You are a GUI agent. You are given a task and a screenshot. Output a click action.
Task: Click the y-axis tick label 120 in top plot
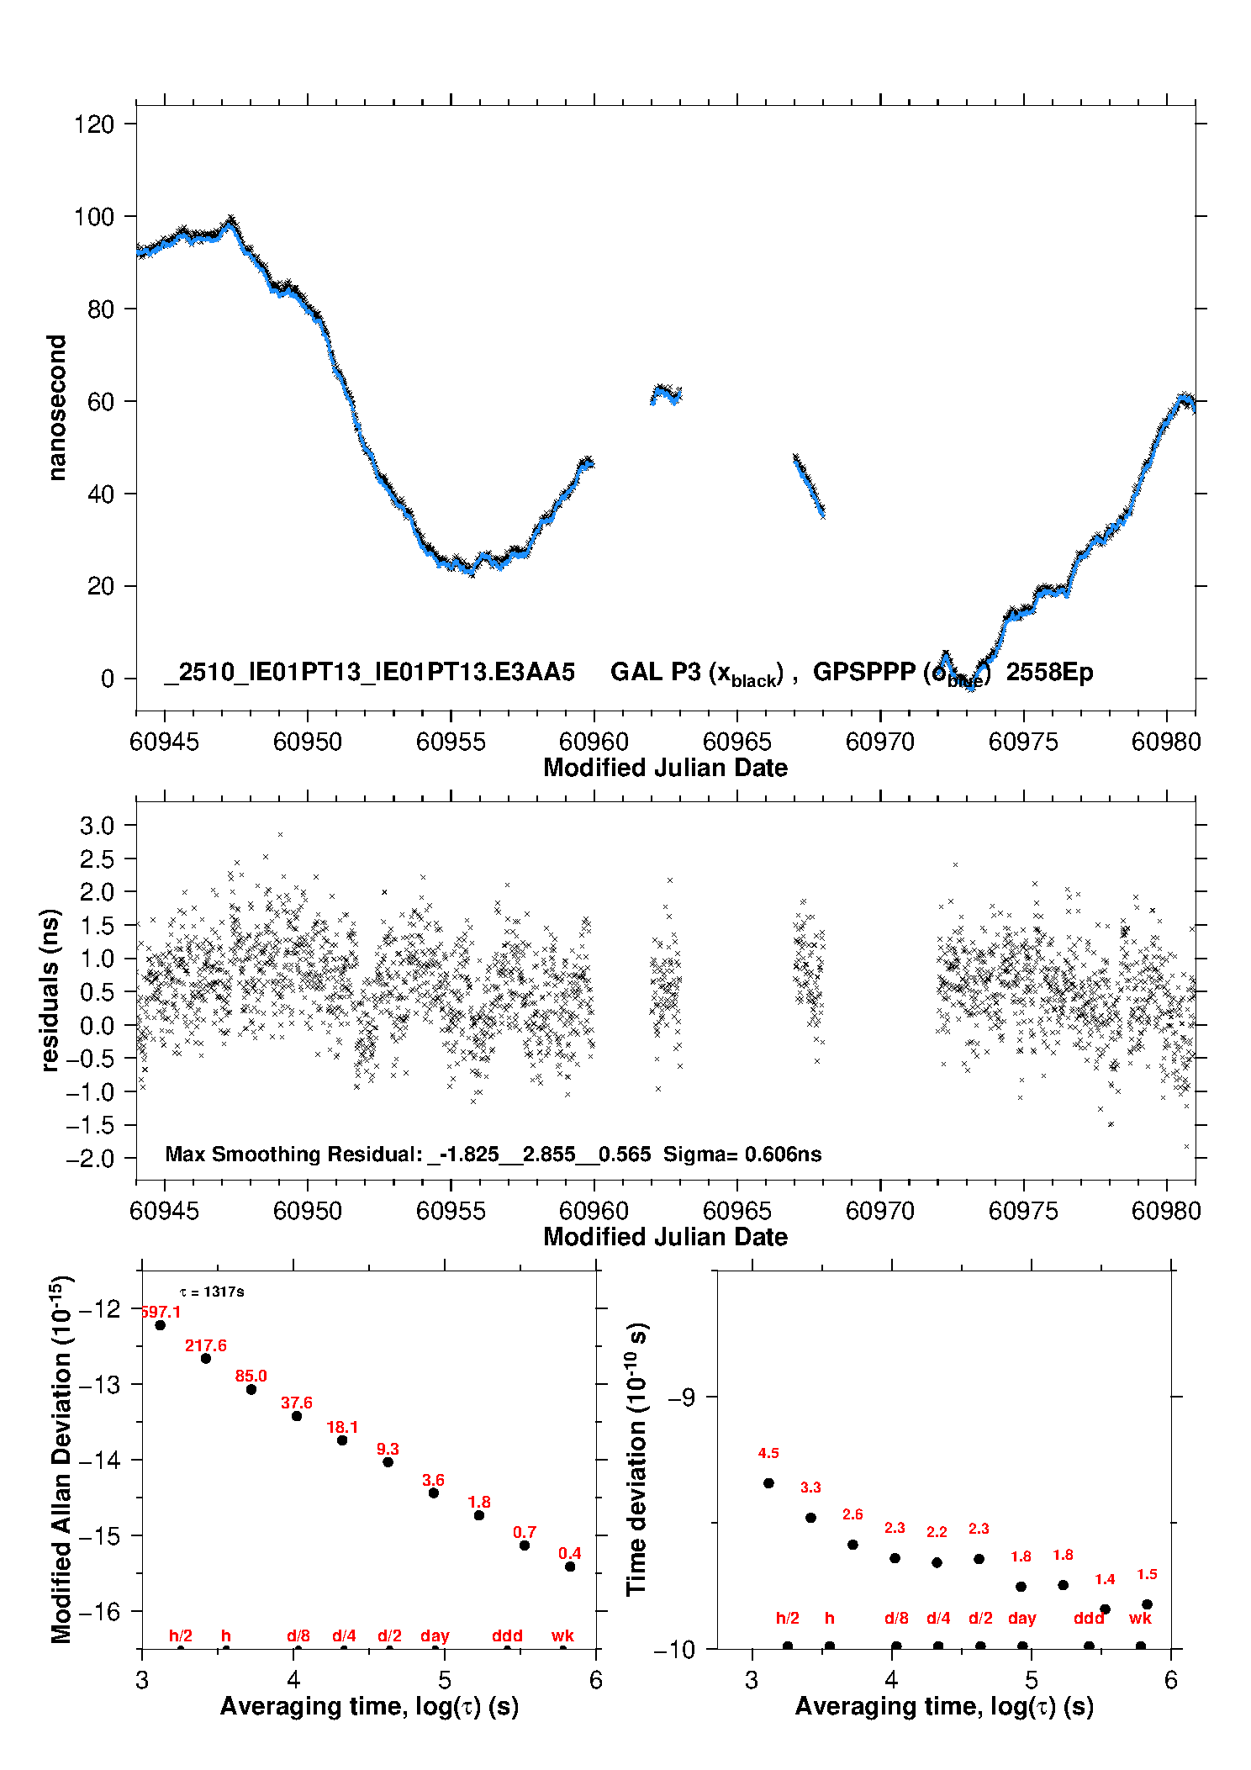pyautogui.click(x=93, y=124)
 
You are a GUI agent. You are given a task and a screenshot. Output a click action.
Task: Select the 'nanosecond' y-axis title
pyautogui.click(x=56, y=408)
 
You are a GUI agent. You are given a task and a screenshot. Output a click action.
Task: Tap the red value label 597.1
pyautogui.click(x=161, y=1312)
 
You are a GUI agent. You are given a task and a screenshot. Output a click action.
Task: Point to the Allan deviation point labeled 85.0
pyautogui.click(x=251, y=1389)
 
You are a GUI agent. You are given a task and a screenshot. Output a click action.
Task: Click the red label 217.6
pyautogui.click(x=206, y=1345)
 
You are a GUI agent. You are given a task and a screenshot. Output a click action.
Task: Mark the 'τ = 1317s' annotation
pyautogui.click(x=212, y=1292)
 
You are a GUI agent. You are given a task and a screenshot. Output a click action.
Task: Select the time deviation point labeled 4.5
pyautogui.click(x=768, y=1482)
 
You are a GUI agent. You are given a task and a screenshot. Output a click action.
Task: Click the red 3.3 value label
pyautogui.click(x=810, y=1487)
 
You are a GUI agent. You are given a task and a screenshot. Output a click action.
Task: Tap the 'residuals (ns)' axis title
pyautogui.click(x=50, y=990)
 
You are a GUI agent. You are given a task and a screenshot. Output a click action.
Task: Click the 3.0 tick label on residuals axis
pyautogui.click(x=97, y=826)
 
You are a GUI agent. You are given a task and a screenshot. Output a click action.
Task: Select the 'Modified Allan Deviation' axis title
pyautogui.click(x=61, y=1459)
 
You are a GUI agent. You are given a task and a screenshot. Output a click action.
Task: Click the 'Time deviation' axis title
pyautogui.click(x=636, y=1459)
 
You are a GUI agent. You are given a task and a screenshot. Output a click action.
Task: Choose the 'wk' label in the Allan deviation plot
pyautogui.click(x=562, y=1635)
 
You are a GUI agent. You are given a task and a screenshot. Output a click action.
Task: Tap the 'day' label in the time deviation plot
pyautogui.click(x=1021, y=1618)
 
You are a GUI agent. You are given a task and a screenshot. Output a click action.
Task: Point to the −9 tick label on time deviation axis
pyautogui.click(x=681, y=1397)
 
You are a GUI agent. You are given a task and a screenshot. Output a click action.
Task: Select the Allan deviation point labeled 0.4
pyautogui.click(x=570, y=1567)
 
